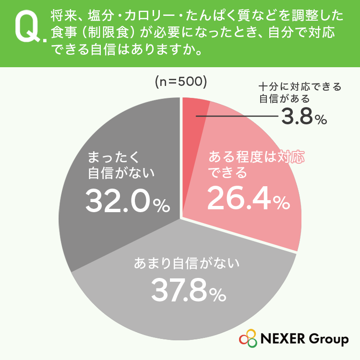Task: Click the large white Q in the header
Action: point(27,26)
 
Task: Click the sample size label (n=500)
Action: point(181,82)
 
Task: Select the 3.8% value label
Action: point(304,117)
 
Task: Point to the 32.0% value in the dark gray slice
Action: point(128,201)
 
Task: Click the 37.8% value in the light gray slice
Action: point(189,290)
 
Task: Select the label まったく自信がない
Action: point(121,165)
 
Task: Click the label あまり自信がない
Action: point(187,263)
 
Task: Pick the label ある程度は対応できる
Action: point(256,164)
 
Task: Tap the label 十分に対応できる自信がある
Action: point(300,93)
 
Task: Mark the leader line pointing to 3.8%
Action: point(237,116)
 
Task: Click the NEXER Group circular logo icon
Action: point(248,338)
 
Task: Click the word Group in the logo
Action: point(328,339)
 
